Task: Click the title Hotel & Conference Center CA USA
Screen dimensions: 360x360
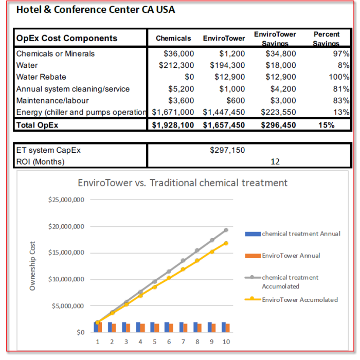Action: [x=96, y=10]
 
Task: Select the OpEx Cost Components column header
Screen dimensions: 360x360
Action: [x=67, y=38]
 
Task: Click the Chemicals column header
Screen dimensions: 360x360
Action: [x=173, y=38]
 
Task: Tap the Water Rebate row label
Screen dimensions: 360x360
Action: [x=41, y=77]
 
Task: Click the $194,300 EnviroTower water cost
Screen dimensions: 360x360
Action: [x=227, y=65]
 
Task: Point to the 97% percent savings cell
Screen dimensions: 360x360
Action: [x=341, y=53]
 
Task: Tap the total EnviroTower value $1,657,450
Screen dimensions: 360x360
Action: [x=224, y=125]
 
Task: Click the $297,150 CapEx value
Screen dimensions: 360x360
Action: [x=227, y=150]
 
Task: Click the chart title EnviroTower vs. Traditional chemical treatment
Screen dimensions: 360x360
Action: [x=183, y=183]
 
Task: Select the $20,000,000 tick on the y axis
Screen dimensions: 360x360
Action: [x=66, y=226]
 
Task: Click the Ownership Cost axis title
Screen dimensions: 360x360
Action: [x=32, y=266]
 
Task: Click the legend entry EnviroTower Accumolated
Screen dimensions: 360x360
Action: [x=299, y=299]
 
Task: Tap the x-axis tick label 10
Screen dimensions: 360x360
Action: [x=226, y=341]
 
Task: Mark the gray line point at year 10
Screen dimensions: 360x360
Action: [x=226, y=230]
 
